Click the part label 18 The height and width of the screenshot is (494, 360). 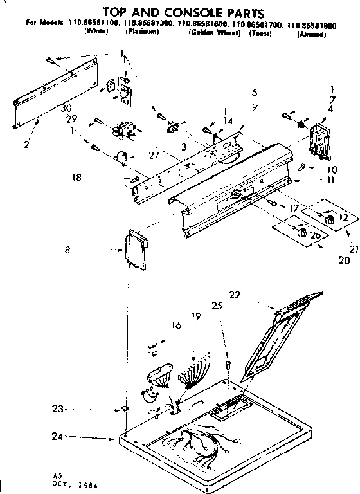coord(77,177)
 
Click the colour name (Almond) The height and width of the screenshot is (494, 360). coord(311,34)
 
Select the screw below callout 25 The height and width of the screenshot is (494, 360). coord(228,366)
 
